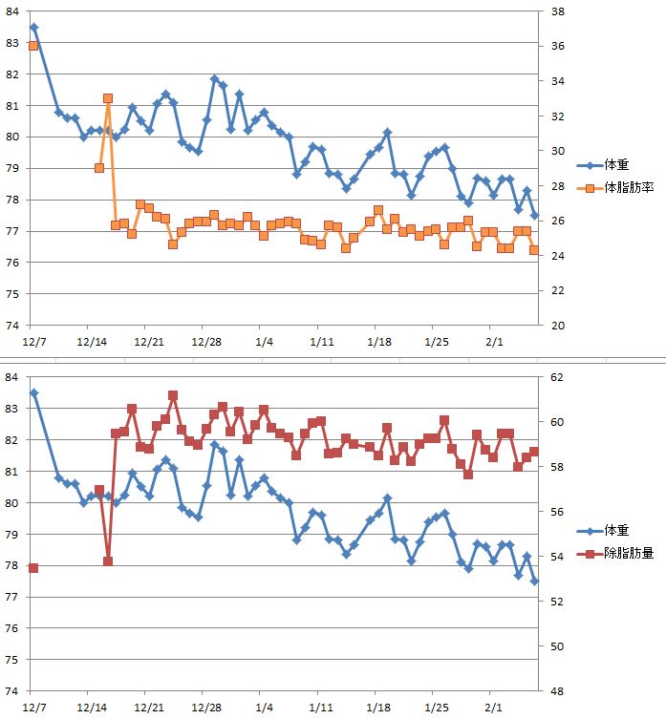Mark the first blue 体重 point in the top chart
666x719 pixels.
pos(33,27)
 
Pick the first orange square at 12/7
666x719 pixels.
pos(33,46)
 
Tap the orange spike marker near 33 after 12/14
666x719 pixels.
pos(108,97)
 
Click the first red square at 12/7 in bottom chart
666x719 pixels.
pos(33,568)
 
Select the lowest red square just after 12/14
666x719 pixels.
pos(108,561)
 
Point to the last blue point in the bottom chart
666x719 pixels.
pos(535,582)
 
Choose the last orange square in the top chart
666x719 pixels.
pos(534,250)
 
